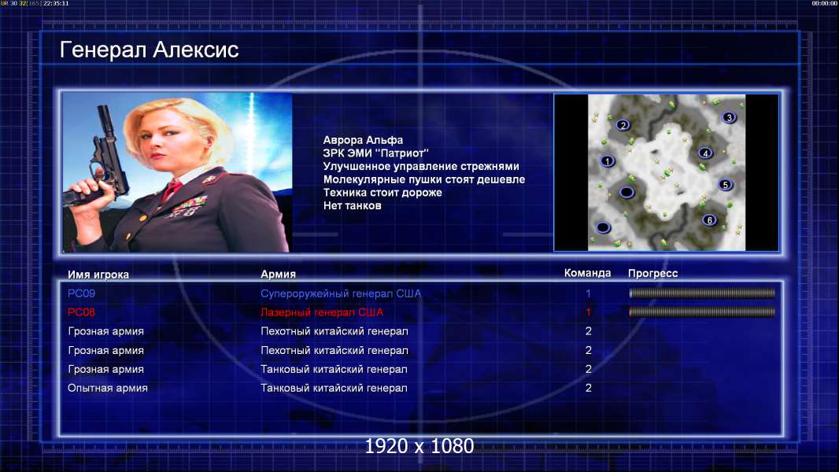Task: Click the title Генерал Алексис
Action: (149, 50)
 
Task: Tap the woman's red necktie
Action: (173, 189)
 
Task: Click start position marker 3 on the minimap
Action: (729, 117)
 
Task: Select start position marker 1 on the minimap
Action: (607, 161)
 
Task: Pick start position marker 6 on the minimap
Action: (709, 219)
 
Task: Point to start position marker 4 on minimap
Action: (705, 153)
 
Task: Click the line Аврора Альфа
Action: (363, 140)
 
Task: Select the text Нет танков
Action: (352, 206)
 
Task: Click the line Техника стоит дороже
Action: (383, 193)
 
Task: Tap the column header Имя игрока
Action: (98, 275)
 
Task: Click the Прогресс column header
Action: (652, 274)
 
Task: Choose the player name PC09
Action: (81, 293)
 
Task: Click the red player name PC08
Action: (81, 312)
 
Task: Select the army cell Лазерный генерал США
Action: (322, 312)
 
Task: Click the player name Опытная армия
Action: (108, 388)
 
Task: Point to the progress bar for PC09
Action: (702, 293)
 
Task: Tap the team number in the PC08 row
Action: (588, 312)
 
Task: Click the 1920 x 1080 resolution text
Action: (419, 446)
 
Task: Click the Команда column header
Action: (587, 273)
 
